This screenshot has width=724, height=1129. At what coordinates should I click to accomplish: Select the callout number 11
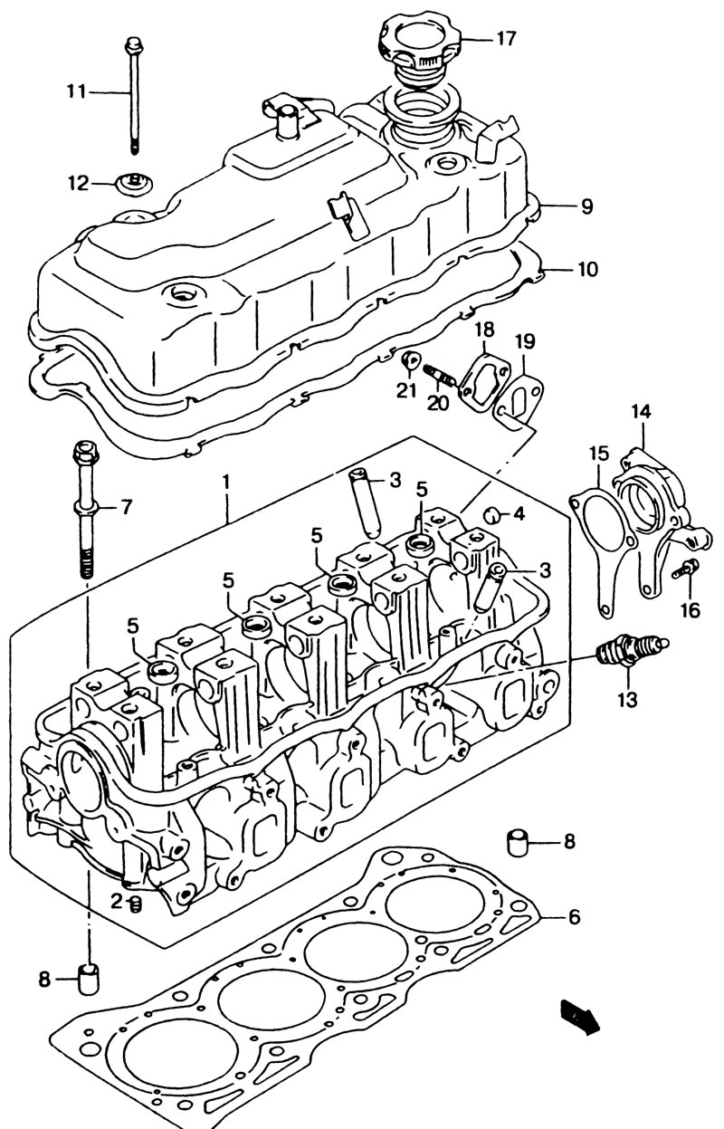coord(77,92)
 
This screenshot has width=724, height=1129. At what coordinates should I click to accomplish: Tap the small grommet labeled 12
coord(134,183)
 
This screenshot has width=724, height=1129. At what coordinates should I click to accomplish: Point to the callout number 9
coord(586,206)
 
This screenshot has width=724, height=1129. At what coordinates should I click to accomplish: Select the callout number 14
coord(641,413)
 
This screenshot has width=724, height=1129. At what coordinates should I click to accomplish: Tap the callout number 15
coord(599,454)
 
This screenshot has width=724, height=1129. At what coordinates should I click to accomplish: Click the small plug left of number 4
coord(491,515)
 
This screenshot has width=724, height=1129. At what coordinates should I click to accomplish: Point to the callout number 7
coord(125,506)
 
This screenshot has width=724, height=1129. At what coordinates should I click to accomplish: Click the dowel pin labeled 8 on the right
coord(517,841)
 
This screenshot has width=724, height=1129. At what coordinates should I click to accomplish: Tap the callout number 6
coord(574,917)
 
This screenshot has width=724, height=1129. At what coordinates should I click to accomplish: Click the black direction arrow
coord(580,1015)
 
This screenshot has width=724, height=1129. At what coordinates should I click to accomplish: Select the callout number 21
coord(406,390)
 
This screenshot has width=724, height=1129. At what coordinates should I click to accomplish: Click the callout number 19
coord(525,341)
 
